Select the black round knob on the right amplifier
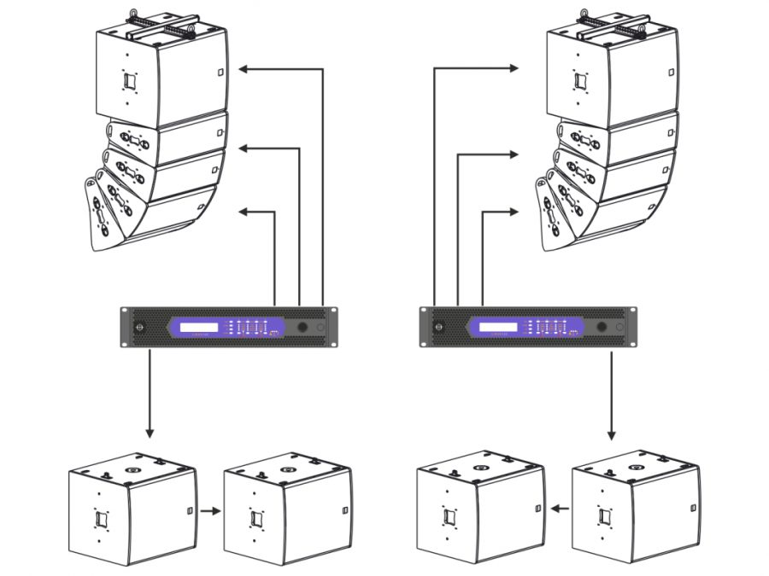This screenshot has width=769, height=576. pos(602,327)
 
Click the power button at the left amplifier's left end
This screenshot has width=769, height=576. pos(141,327)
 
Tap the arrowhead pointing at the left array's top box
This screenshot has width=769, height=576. pos(243,69)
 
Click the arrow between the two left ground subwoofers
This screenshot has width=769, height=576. pos(210,512)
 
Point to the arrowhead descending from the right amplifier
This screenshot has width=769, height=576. pos(612,433)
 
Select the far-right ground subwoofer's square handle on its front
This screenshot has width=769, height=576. pos(605,516)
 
